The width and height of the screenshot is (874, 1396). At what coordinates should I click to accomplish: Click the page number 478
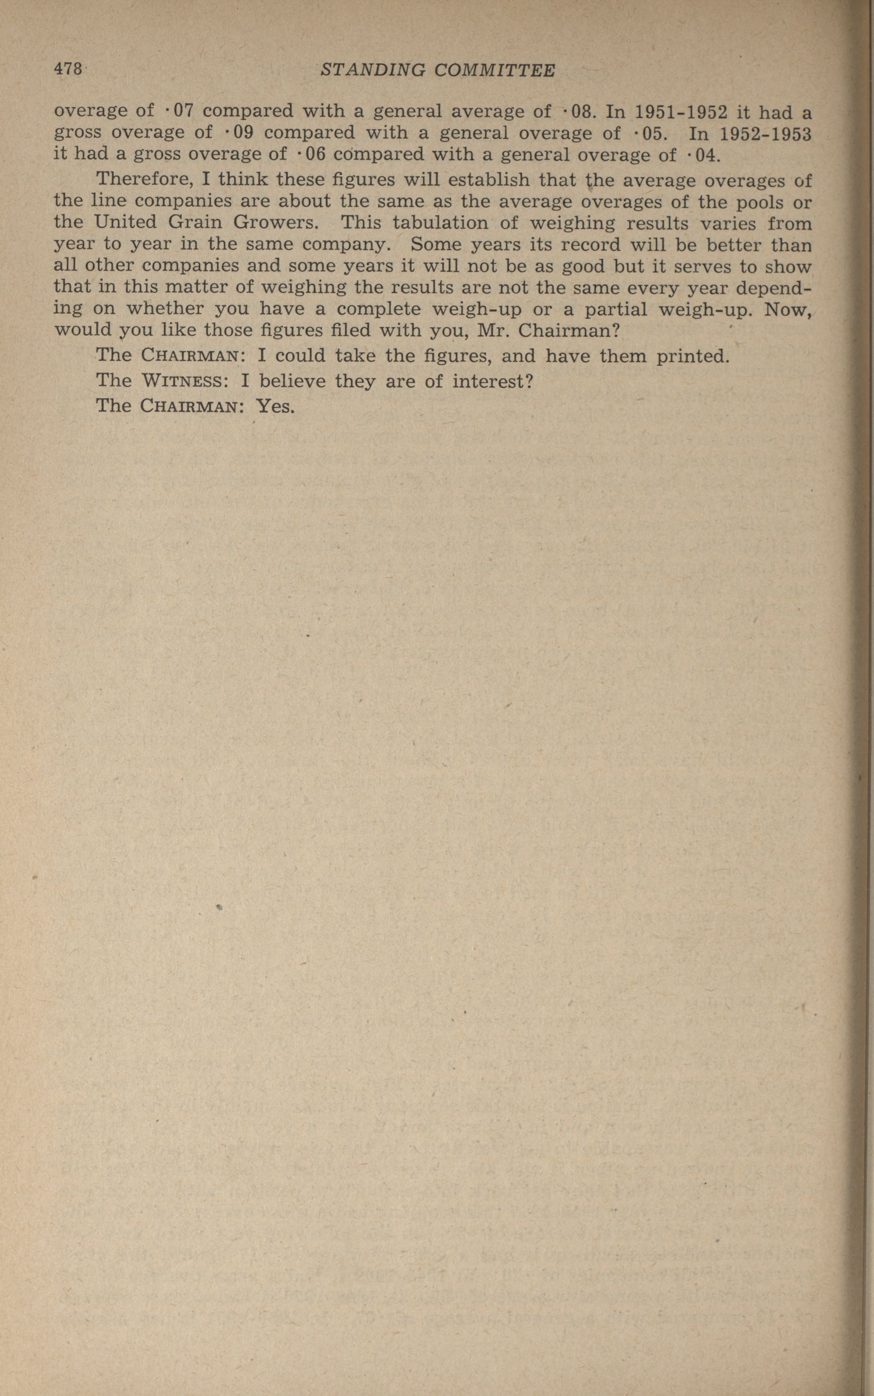pyautogui.click(x=68, y=70)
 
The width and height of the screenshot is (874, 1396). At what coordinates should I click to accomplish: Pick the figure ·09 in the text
pyautogui.click(x=238, y=132)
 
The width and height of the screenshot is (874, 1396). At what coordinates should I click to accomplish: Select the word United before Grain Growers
pyautogui.click(x=125, y=222)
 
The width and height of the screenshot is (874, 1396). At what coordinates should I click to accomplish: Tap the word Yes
pyautogui.click(x=276, y=406)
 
